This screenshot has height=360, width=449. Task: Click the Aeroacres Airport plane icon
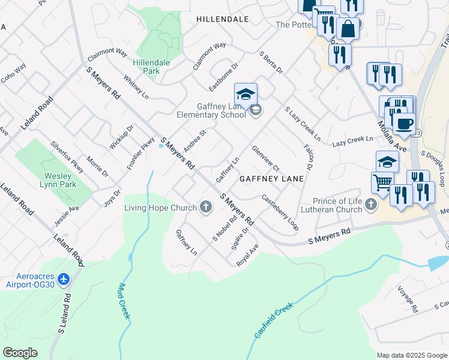click(x=65, y=279)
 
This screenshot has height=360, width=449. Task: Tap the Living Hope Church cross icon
click(x=206, y=208)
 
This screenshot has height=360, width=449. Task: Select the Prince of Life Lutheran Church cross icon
click(x=371, y=206)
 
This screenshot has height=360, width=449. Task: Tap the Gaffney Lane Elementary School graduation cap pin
click(x=246, y=95)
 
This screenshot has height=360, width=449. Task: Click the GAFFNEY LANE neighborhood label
click(x=272, y=179)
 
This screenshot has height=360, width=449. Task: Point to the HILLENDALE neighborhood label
click(x=222, y=19)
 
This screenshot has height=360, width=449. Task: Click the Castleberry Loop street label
click(x=280, y=212)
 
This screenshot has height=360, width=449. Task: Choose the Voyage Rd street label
click(x=408, y=299)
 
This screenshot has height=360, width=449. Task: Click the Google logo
click(x=20, y=353)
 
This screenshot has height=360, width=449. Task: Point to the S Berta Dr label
click(x=271, y=62)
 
